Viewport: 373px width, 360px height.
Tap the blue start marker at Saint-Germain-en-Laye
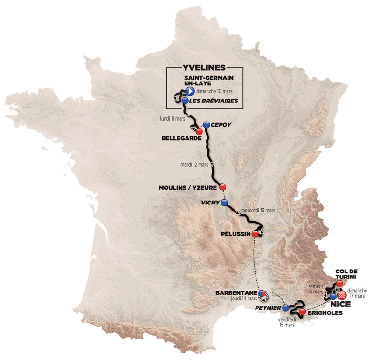pos(189,91)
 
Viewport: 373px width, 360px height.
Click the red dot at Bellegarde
pos(199,132)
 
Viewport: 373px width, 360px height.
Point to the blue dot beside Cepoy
pos(206,124)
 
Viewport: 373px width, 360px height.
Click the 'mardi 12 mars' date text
pos(195,165)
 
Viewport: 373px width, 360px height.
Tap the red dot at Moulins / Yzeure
pos(222,184)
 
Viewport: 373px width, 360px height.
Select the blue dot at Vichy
pos(224,203)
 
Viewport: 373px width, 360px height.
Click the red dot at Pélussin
pos(255,233)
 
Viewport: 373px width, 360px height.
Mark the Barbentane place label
pos(235,293)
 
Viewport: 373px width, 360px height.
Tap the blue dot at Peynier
pos(286,307)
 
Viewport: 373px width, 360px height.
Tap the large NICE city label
pos(340,305)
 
